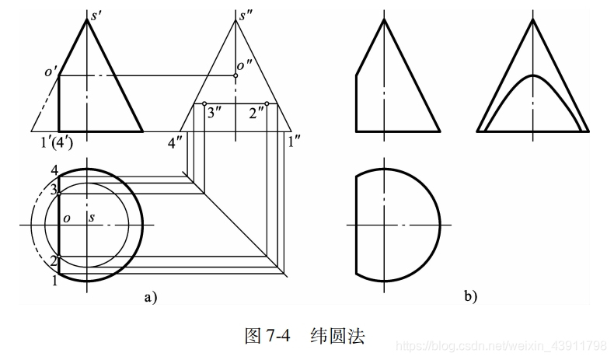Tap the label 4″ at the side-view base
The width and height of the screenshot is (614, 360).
tap(176, 142)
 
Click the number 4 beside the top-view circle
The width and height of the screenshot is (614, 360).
tap(54, 170)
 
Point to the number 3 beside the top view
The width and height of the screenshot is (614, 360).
tap(54, 190)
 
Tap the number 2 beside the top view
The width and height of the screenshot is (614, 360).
tap(54, 259)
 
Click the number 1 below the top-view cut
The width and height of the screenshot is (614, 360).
tap(54, 281)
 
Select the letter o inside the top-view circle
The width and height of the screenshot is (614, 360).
tap(67, 218)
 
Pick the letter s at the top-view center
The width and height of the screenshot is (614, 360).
tap(92, 218)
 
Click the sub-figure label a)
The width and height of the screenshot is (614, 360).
tap(149, 295)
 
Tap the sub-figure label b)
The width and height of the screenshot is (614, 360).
tap(469, 295)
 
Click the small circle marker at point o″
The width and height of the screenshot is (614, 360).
tap(235, 75)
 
